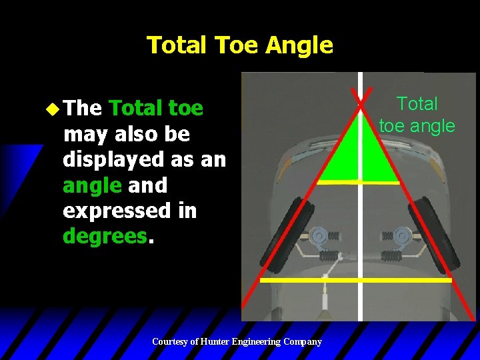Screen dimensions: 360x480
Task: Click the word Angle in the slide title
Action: tap(299, 45)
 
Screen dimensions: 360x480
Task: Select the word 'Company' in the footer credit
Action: tap(302, 341)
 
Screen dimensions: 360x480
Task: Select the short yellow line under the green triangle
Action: tap(359, 181)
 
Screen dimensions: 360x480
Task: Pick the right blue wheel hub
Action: tap(402, 235)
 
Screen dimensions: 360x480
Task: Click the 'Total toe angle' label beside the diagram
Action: tap(417, 114)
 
